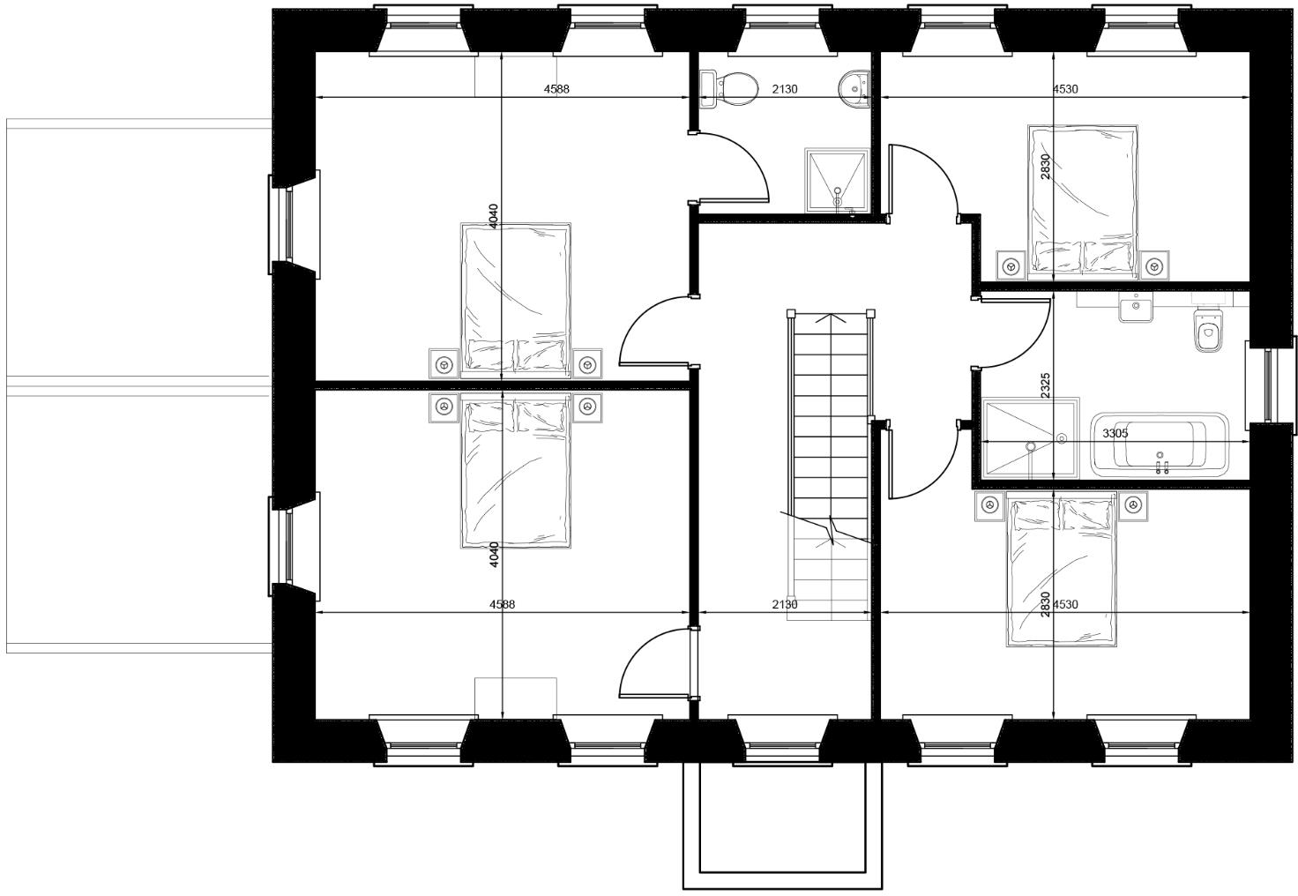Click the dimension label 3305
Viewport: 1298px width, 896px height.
click(x=1115, y=433)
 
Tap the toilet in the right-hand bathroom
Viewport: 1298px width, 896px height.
click(x=1208, y=333)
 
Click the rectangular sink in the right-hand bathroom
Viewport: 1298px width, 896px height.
click(x=1136, y=310)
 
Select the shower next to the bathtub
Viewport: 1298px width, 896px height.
click(x=1030, y=439)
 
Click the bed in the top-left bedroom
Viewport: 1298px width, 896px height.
click(x=516, y=300)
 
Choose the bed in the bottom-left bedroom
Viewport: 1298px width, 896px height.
click(x=516, y=472)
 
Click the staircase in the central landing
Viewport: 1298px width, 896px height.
click(x=829, y=441)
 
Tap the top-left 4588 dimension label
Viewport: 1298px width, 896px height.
click(x=556, y=88)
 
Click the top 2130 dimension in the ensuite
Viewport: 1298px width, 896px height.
click(x=784, y=88)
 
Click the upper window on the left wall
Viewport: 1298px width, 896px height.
click(x=287, y=224)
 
